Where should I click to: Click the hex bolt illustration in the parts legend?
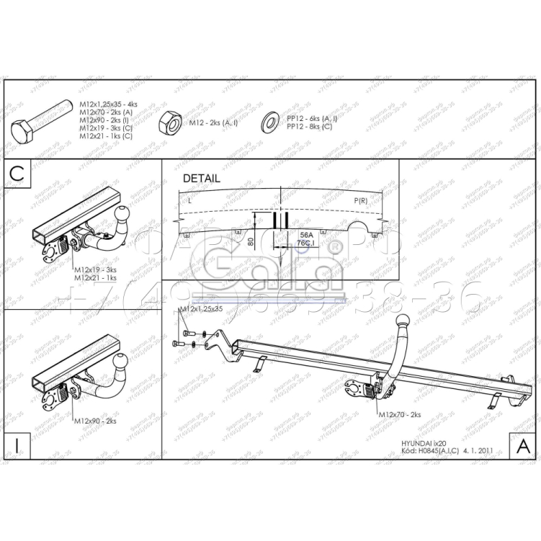click(39, 121)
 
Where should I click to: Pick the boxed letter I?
click(17, 444)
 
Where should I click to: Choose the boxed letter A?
click(524, 445)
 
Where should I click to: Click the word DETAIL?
click(201, 178)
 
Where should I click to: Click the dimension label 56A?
click(306, 236)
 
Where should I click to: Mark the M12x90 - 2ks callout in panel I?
click(95, 419)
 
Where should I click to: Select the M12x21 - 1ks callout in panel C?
click(95, 277)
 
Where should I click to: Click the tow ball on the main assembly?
click(402, 321)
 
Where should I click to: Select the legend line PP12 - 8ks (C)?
click(309, 127)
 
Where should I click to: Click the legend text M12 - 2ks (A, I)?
click(213, 123)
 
